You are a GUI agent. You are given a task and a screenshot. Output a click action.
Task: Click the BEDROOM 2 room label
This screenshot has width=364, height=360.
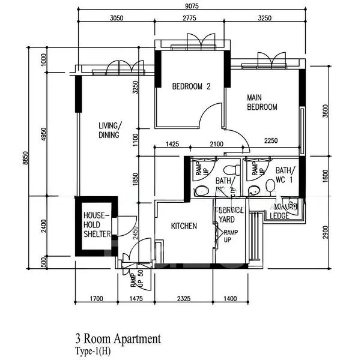pos(191,86)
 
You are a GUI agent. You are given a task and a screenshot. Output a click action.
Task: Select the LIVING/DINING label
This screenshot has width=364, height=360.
pos(109,130)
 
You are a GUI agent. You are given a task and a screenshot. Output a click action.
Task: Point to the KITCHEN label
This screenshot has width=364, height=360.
pos(184,226)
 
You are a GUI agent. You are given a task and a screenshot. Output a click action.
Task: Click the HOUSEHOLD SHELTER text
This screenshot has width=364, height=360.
pos(97,224)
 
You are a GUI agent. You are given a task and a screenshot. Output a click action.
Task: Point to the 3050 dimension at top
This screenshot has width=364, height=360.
pos(117,19)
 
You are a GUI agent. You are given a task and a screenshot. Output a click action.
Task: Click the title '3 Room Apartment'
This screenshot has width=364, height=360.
pos(118,339)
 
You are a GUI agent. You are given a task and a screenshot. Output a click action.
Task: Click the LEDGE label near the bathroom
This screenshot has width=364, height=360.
pos(280,215)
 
